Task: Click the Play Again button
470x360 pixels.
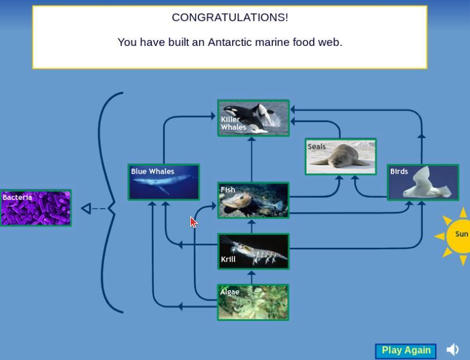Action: point(405,351)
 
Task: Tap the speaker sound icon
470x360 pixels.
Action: point(453,350)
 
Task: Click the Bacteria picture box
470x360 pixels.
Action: point(35,208)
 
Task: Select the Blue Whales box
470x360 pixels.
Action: point(163,182)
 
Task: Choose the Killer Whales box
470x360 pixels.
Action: point(254,118)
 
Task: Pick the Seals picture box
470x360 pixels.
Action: point(341,156)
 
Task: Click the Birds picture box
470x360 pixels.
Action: point(423,182)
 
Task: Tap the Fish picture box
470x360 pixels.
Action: point(253,200)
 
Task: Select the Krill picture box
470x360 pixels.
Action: point(253,251)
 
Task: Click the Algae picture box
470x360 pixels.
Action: point(253,302)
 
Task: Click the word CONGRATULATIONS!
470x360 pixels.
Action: point(230,17)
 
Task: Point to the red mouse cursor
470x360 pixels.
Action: point(194,222)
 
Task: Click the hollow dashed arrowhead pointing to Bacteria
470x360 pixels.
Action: point(86,208)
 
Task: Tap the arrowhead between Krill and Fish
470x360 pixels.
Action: point(252,223)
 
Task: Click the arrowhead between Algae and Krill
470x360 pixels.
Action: point(252,274)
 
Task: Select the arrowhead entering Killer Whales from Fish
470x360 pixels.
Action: point(252,139)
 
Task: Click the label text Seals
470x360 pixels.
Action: point(316,147)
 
